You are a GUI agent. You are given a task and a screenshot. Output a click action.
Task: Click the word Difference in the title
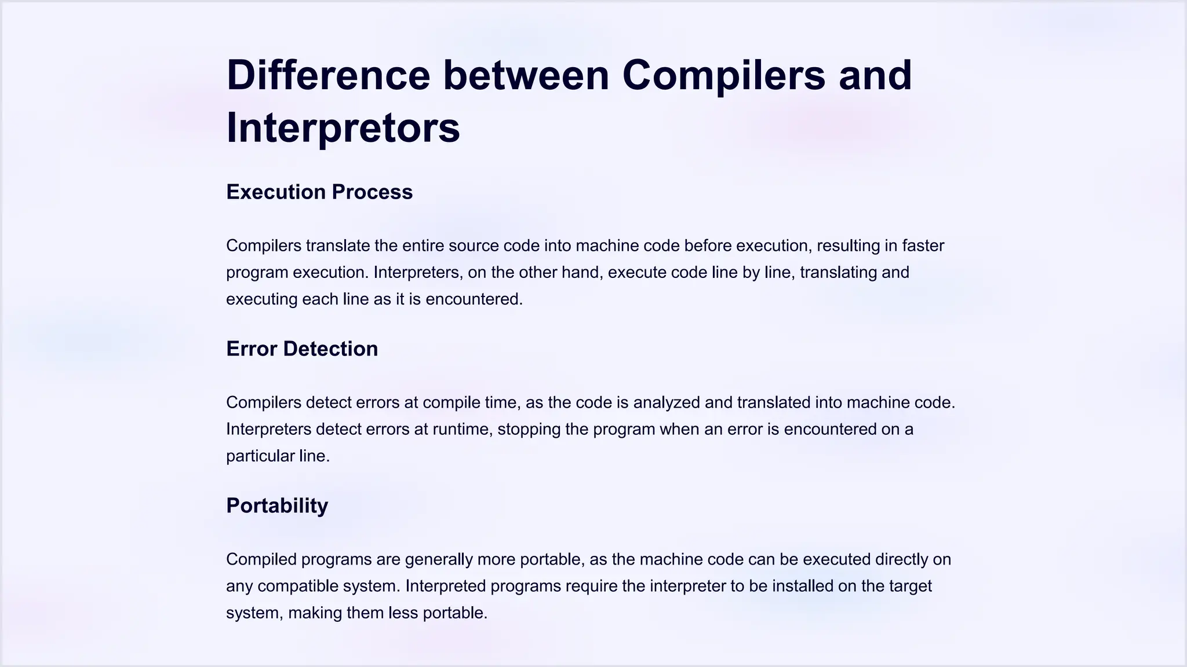[328, 75]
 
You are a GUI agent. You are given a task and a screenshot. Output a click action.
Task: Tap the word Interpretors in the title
[343, 128]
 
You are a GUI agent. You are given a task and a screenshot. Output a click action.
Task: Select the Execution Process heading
[319, 192]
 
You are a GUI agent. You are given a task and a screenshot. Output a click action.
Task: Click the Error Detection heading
[302, 349]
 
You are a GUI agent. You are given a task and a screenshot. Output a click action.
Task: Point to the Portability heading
[277, 505]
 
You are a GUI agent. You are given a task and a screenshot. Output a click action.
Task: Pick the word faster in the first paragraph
[923, 245]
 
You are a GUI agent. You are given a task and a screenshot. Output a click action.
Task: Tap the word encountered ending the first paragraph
[474, 299]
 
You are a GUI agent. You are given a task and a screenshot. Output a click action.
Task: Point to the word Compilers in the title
[723, 75]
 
